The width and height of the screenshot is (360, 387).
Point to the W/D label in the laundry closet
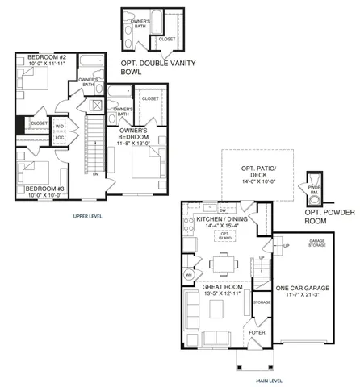[60, 127]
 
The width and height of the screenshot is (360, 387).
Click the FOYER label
[257, 331]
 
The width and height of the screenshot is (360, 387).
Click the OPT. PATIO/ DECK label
[251, 172]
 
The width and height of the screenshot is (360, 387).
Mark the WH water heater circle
[189, 274]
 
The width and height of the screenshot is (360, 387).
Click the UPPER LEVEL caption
[86, 217]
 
